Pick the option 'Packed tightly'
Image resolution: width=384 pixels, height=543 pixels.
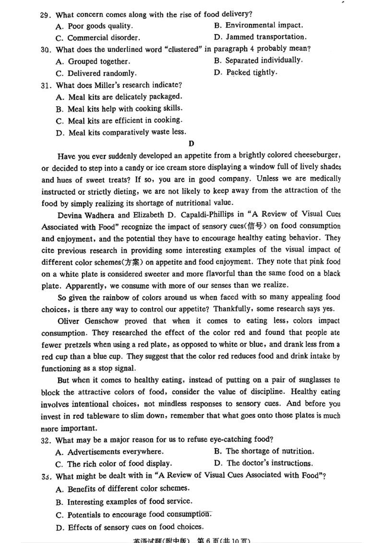click(x=245, y=73)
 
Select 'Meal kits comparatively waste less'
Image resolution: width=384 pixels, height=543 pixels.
click(x=121, y=132)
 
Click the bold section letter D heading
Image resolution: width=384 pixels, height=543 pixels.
click(x=192, y=144)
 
